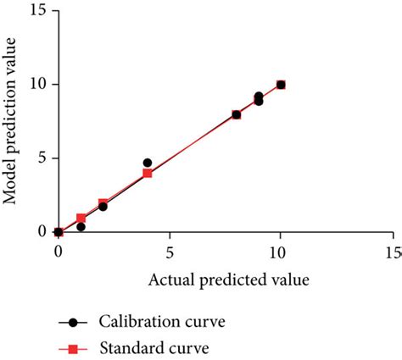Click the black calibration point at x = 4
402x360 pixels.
[x=148, y=163]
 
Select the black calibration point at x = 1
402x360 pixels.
[x=81, y=227]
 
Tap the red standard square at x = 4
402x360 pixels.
[x=148, y=173]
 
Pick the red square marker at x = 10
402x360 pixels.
[x=281, y=85]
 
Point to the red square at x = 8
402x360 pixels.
[x=237, y=114]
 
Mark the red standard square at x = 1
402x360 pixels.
[x=81, y=218]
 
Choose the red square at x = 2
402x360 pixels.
[x=103, y=203]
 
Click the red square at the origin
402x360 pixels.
[x=59, y=232]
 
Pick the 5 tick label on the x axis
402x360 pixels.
[x=170, y=252]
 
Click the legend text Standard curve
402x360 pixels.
[x=154, y=347]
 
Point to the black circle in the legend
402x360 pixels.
[x=73, y=323]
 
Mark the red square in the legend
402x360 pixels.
[x=73, y=348]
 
